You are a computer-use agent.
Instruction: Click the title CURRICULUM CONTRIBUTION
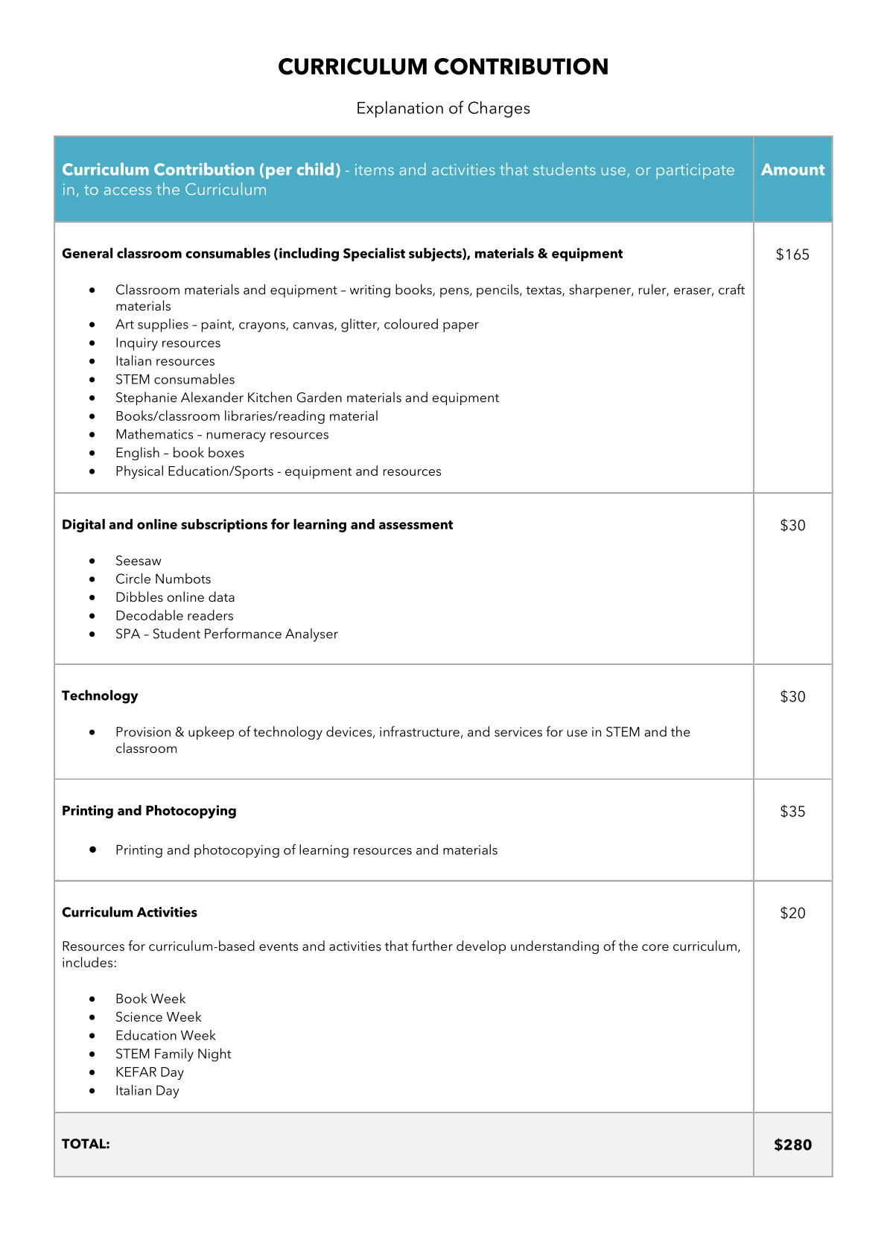443,67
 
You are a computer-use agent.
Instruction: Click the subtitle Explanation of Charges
443,109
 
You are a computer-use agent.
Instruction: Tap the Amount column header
792,170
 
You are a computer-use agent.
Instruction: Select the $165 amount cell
792,255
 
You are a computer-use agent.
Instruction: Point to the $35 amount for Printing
792,812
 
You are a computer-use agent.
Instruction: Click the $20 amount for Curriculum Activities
792,913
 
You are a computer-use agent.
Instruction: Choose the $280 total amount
792,1145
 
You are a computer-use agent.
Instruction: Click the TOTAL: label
86,1144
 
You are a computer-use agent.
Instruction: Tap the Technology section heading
100,696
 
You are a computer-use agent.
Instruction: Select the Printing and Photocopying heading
149,811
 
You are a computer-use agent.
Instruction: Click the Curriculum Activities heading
130,912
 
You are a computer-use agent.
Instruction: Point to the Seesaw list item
139,561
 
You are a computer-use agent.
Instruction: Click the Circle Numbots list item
163,579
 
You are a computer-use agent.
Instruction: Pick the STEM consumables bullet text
175,380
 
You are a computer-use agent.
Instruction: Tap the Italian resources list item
165,361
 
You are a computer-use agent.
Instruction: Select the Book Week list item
150,999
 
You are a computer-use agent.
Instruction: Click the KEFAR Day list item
150,1072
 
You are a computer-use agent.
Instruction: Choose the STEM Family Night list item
174,1054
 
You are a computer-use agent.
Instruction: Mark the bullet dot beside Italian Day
92,1091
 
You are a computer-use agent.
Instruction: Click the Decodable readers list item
174,616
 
